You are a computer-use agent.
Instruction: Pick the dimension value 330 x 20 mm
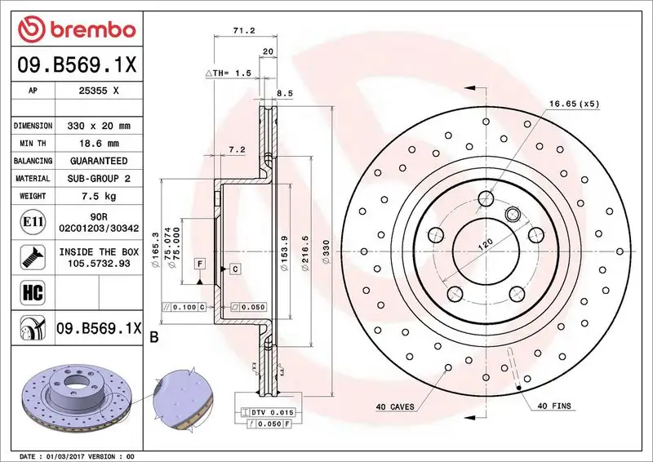[98, 126]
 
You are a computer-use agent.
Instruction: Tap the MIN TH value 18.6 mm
[98, 143]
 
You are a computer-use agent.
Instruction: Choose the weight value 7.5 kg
[98, 196]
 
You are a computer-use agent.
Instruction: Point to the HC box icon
[29, 290]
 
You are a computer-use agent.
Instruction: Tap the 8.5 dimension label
[284, 94]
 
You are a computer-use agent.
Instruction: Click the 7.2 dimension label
[238, 149]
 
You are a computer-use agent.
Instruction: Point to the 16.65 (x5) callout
[573, 104]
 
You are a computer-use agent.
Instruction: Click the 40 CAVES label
[395, 406]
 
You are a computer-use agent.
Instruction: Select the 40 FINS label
[553, 406]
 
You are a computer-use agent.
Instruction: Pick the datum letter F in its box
[198, 263]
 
